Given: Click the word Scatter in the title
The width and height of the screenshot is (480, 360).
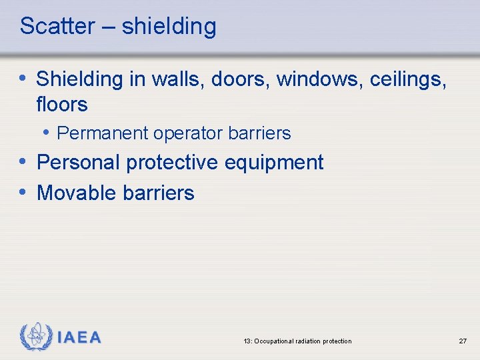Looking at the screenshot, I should pos(57,27).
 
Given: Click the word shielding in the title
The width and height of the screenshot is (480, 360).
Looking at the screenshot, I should pos(169,27).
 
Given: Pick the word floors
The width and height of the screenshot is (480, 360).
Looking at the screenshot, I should pos(62,105).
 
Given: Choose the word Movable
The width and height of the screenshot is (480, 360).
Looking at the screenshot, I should pos(77,193).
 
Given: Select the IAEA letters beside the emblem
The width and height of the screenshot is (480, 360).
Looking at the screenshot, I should pos(79,337).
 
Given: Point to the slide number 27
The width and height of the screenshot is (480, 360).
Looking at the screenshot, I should pos(463,341).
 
